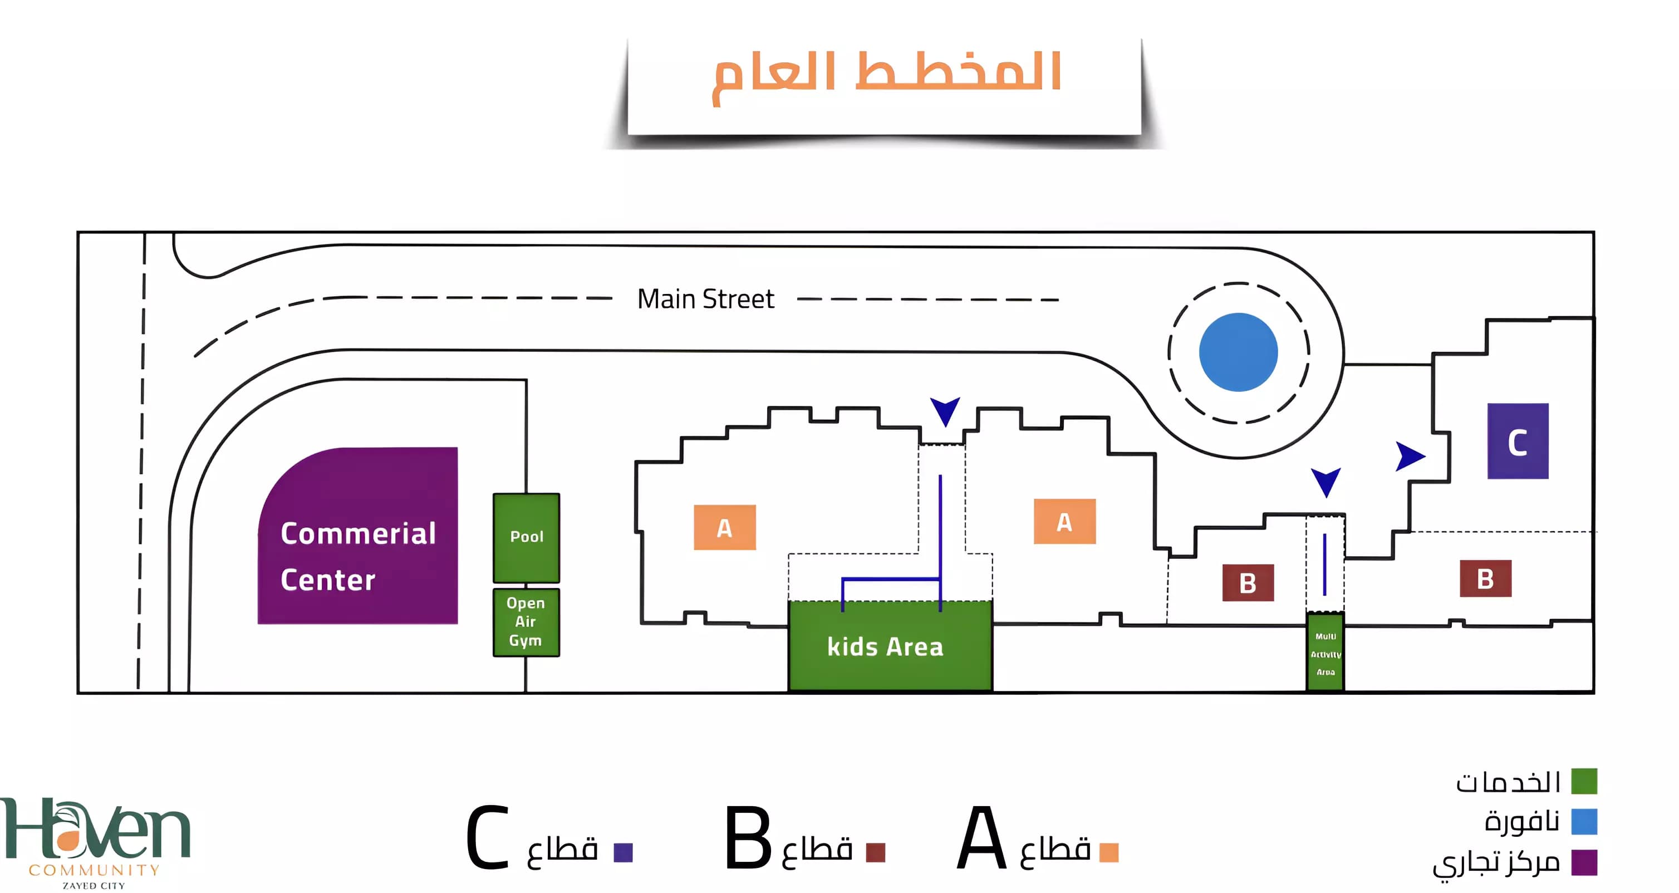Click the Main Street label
pos(705,299)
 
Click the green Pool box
pos(526,537)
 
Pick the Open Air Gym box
pos(526,622)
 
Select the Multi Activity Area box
pos(1325,652)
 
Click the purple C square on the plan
pos(1518,441)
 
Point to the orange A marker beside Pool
pos(724,527)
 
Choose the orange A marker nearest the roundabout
pos(1064,522)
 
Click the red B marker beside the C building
pos(1485,578)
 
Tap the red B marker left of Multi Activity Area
pos(1248,582)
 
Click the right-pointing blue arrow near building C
pos(1409,457)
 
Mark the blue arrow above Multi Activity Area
pos(1325,481)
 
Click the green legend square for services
pos(1583,781)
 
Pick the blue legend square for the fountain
pos(1583,821)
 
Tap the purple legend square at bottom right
pos(1583,862)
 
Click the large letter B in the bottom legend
pos(748,838)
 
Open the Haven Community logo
pos(95,841)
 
